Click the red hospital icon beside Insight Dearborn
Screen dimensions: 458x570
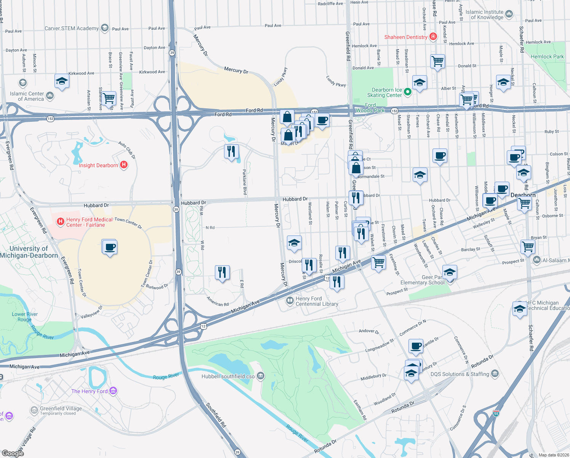[x=123, y=165]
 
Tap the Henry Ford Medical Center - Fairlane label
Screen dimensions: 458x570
[x=89, y=222]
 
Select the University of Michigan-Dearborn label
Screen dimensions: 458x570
[x=29, y=252]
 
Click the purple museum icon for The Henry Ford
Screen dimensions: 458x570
[x=113, y=391]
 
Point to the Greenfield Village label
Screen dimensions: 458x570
[x=61, y=408]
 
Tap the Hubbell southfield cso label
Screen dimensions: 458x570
[x=228, y=376]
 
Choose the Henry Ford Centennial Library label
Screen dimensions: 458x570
[x=317, y=301]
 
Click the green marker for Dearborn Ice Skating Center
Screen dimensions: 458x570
[x=407, y=92]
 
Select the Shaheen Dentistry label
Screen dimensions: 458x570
[x=405, y=37]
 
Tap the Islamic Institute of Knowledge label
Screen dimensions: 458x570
[x=484, y=15]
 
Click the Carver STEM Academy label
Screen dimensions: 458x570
[x=71, y=28]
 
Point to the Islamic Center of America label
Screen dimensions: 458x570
[x=27, y=96]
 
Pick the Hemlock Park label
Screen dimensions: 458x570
[x=547, y=56]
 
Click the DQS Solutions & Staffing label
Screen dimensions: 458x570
[x=460, y=374]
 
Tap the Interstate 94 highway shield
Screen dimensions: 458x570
[x=496, y=413]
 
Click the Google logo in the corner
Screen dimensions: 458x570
[x=13, y=453]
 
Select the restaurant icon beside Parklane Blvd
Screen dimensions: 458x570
[x=231, y=152]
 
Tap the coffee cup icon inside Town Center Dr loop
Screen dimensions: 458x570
[x=110, y=247]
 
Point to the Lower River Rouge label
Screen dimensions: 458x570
[x=24, y=317]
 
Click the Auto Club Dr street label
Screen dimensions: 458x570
[x=127, y=150]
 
